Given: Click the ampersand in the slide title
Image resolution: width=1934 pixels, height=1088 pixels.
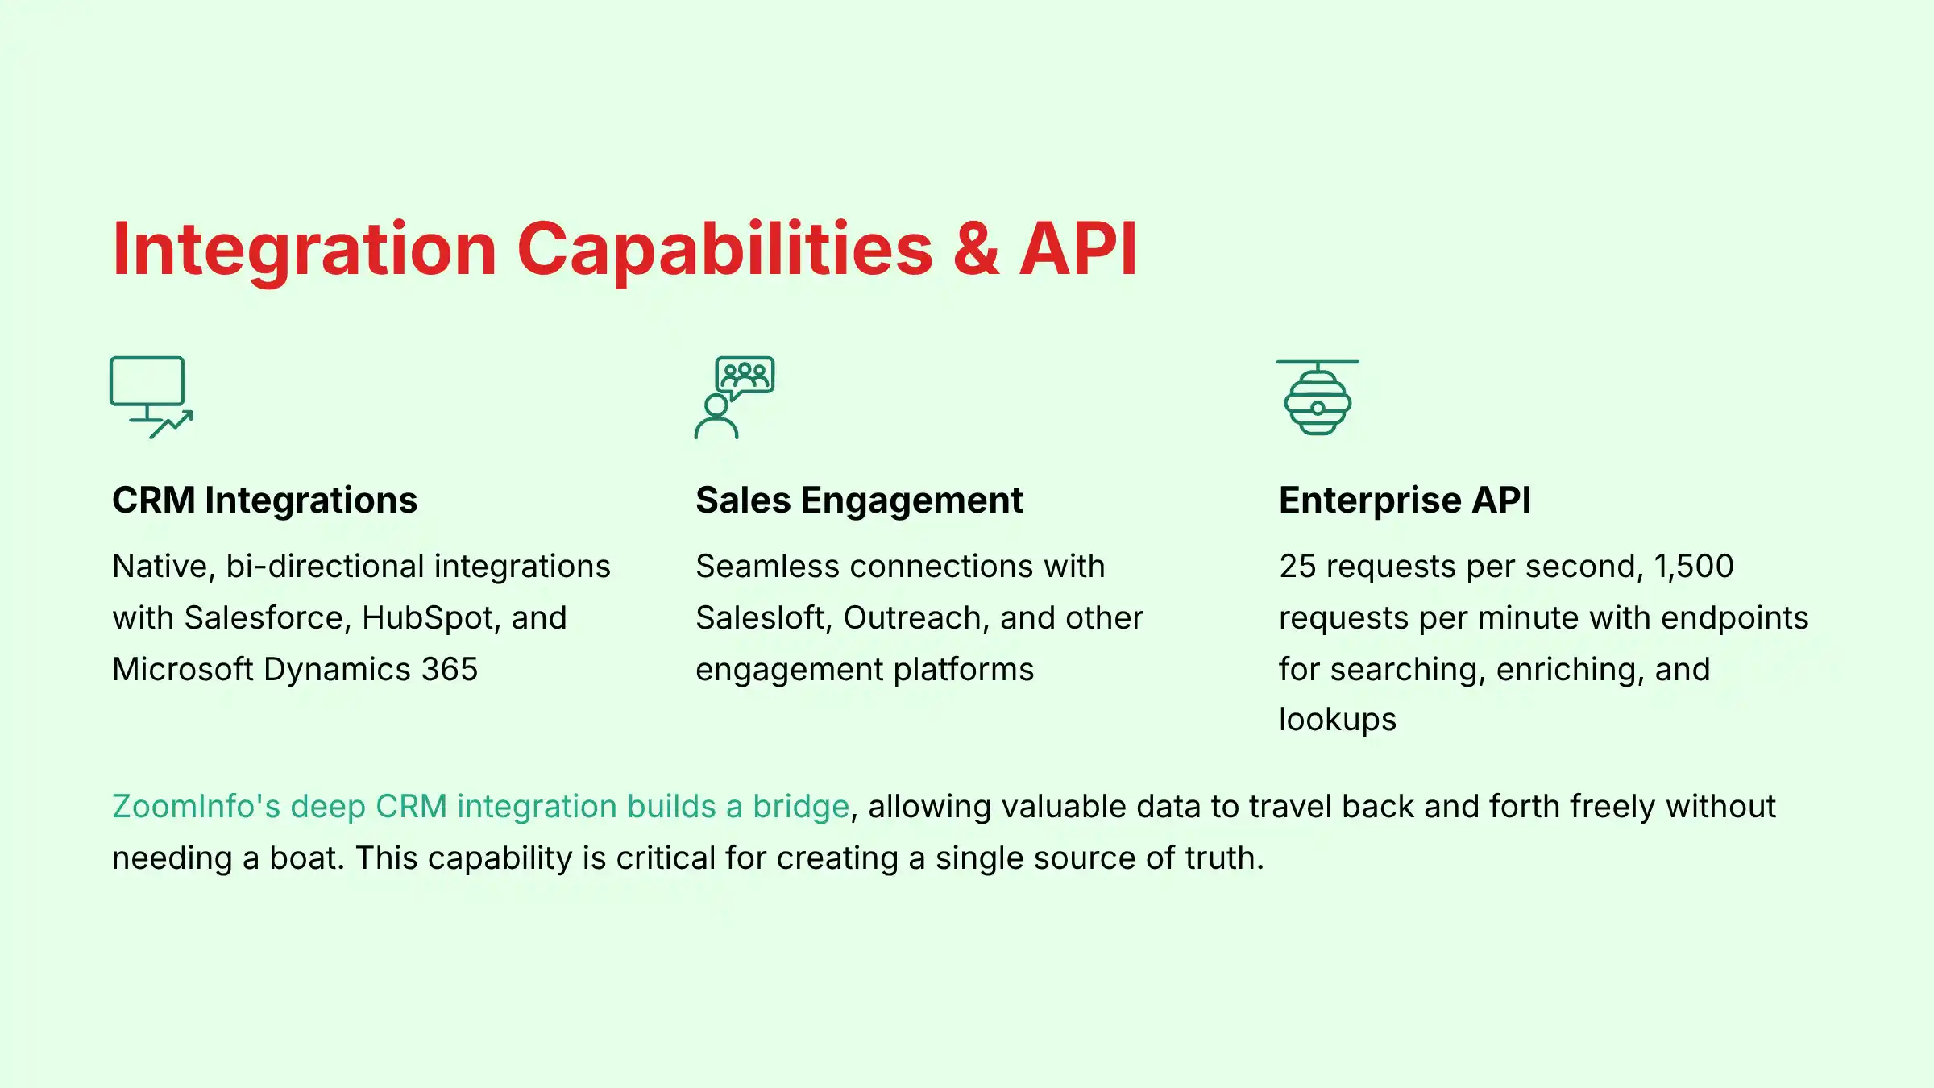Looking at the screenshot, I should [976, 249].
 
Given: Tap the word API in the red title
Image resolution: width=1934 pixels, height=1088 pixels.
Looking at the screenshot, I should [1078, 249].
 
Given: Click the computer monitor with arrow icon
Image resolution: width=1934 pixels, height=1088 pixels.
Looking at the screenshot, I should [151, 397].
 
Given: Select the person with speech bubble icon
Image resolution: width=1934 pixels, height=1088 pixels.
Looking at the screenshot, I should [734, 397].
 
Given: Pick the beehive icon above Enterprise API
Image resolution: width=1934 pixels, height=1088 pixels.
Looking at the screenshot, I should [1318, 397].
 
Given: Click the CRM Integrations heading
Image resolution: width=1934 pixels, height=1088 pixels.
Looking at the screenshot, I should [264, 500].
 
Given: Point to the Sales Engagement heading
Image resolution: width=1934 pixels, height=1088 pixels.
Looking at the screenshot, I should [859, 500].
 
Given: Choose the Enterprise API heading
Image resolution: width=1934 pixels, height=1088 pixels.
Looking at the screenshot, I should [1405, 500].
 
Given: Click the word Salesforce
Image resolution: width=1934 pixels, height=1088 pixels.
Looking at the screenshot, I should [268, 618].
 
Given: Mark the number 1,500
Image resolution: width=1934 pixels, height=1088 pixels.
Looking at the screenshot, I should [1693, 567].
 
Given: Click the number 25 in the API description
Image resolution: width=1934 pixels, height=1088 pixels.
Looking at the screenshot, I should [1297, 567].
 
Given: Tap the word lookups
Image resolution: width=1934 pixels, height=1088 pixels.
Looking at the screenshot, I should [1337, 720].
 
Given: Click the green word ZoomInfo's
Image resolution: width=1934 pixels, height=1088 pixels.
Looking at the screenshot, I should [196, 807].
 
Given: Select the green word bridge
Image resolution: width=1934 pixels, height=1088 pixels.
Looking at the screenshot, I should [800, 807].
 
